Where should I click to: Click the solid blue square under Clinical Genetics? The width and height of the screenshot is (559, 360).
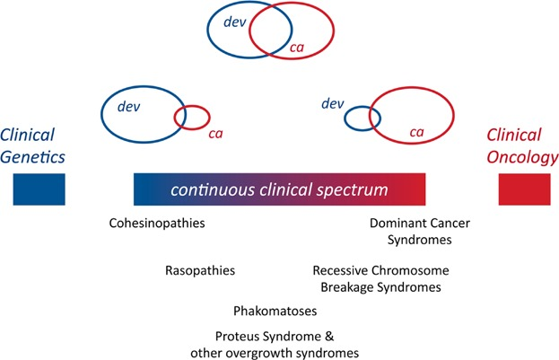tap(39, 189)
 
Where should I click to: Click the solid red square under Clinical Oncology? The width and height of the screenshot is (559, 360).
tap(524, 189)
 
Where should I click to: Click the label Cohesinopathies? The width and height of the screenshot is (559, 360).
tap(157, 223)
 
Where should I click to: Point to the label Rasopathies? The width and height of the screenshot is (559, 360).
tap(200, 270)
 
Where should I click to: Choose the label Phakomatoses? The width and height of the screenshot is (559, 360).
tap(275, 311)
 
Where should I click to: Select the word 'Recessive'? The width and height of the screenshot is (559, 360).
tap(339, 270)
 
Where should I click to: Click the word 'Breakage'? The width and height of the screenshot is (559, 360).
tap(346, 287)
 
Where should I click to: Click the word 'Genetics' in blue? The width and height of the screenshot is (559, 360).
tap(32, 157)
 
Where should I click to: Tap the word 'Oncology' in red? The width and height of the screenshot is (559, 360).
tap(522, 157)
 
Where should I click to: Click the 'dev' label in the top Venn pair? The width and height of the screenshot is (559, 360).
tap(234, 22)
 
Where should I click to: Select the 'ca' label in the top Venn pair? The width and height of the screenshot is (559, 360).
tap(297, 48)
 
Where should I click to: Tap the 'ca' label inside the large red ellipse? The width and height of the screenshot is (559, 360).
tap(416, 132)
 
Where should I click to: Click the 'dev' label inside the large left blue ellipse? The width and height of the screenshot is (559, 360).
tap(128, 107)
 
